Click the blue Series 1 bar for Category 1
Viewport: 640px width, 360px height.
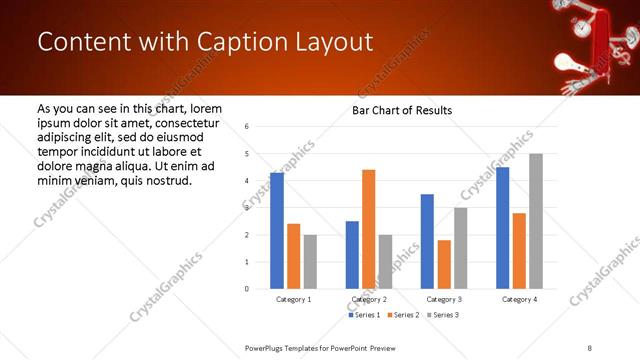277,231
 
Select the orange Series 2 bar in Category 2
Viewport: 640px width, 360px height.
369,229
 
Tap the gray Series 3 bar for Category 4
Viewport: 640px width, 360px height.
536,221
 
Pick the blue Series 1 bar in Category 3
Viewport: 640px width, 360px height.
427,241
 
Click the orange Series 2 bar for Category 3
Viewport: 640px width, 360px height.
444,264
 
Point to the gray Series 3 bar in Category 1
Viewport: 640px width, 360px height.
310,262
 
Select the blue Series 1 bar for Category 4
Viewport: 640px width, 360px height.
502,228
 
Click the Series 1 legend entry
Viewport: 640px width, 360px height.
366,315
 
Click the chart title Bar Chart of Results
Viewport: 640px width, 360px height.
402,110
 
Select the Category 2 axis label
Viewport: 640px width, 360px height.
369,299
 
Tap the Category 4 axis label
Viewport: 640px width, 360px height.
519,299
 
